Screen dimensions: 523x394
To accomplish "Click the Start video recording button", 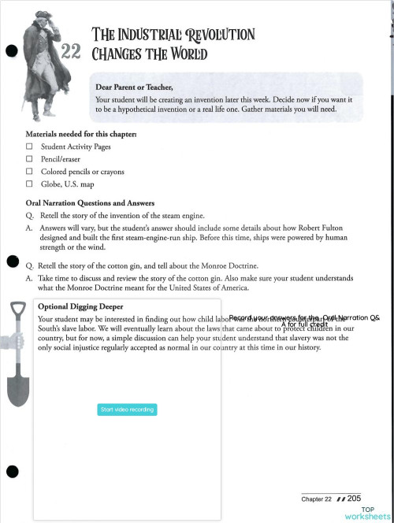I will pos(127,410).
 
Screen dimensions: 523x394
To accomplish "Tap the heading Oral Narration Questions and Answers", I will pos(84,202).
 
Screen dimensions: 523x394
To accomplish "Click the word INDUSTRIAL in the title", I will pos(154,35).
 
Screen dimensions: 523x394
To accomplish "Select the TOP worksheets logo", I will pos(367,512).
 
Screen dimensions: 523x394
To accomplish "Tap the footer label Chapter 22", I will pos(316,499).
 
